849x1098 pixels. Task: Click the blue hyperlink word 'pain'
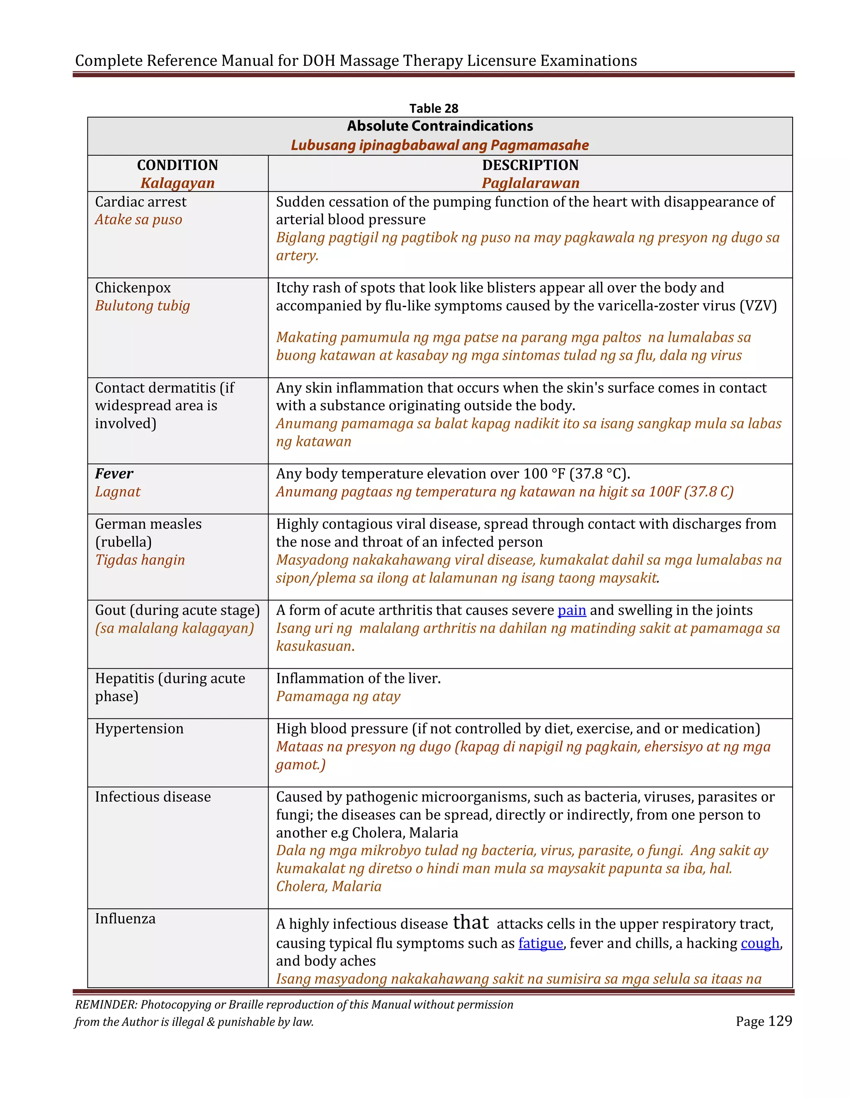click(571, 610)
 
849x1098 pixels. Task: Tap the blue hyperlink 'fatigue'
click(540, 943)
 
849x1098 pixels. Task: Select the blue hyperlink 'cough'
click(759, 943)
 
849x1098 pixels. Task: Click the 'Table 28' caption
click(434, 109)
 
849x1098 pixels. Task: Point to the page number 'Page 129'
click(763, 1021)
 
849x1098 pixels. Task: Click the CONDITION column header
click(177, 165)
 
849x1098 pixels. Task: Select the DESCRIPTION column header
click(530, 165)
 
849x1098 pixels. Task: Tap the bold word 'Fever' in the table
click(114, 474)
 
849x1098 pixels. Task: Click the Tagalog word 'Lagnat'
click(118, 492)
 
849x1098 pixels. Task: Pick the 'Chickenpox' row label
click(133, 288)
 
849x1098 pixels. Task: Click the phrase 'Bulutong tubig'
click(142, 306)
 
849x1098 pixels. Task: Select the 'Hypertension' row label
click(139, 728)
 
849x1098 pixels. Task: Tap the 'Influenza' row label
click(125, 919)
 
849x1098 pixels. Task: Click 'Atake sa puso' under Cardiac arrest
click(138, 220)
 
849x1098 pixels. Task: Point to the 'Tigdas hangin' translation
click(140, 560)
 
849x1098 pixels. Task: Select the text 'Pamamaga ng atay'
click(338, 697)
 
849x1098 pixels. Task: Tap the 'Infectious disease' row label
click(153, 797)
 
